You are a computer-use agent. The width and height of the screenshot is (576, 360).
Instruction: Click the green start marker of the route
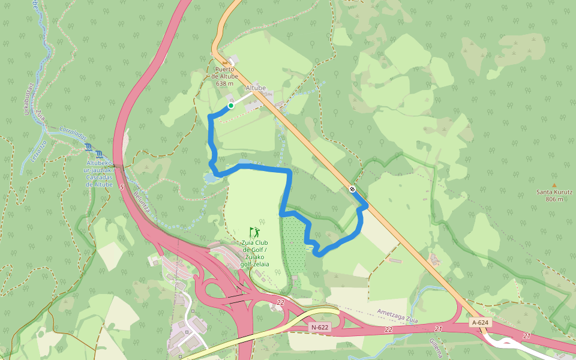(x=230, y=106)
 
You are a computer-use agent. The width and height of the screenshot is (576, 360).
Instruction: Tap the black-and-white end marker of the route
(x=352, y=190)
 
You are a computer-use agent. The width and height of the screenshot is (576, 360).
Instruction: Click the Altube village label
(x=256, y=88)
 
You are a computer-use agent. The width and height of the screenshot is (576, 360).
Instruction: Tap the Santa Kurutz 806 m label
(x=554, y=196)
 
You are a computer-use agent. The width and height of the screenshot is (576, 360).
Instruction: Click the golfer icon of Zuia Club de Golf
(x=255, y=232)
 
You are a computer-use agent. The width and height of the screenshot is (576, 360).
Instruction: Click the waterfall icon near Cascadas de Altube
(x=89, y=147)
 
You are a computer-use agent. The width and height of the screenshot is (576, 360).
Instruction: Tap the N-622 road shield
(x=319, y=327)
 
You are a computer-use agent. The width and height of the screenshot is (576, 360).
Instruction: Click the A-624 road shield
(x=480, y=323)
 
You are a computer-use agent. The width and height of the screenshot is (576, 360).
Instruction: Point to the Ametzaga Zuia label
(x=397, y=315)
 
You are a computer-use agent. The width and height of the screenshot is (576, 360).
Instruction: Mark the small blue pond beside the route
(x=211, y=178)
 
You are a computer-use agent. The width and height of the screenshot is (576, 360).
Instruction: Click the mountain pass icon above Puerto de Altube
(x=225, y=62)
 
